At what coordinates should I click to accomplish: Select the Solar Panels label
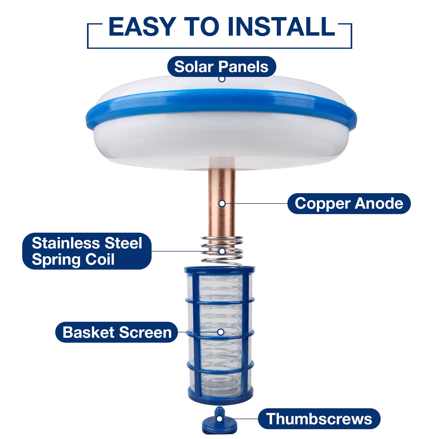(221, 67)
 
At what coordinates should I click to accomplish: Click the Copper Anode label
(349, 203)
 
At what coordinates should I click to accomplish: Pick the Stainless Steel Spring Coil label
(87, 251)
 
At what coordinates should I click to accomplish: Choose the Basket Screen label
(117, 332)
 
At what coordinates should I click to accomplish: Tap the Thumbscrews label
(319, 419)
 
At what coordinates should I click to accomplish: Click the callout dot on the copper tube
(222, 203)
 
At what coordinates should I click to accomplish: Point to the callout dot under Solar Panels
(222, 79)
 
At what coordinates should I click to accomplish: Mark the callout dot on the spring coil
(222, 251)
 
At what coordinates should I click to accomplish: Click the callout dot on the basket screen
(221, 332)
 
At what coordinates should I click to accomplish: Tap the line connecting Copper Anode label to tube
(256, 203)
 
